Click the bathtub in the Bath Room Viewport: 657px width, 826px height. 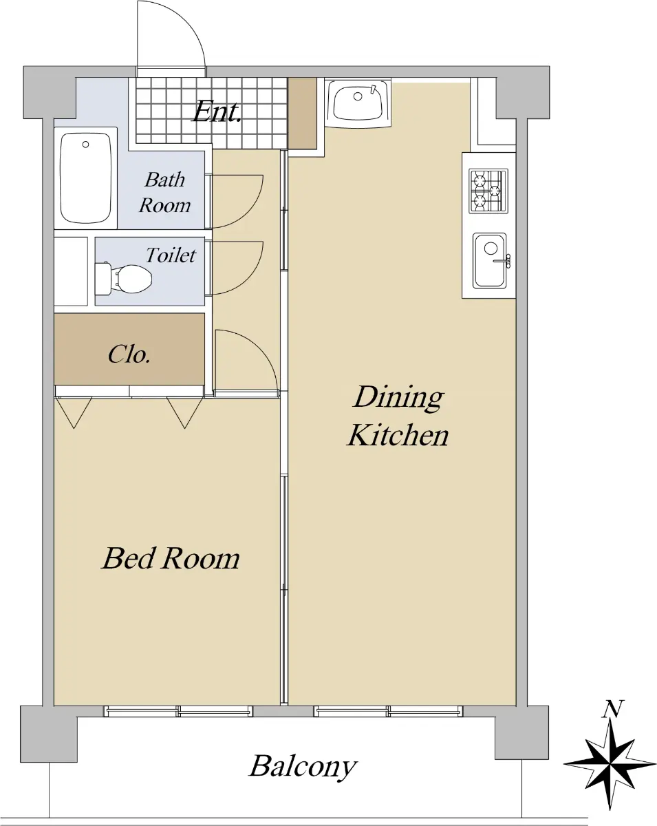click(86, 178)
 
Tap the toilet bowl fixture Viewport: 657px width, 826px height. click(123, 278)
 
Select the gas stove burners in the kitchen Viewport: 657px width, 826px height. click(488, 191)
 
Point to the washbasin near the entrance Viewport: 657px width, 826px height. click(358, 102)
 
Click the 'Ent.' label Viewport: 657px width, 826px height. click(217, 112)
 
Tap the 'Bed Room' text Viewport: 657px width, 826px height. click(171, 558)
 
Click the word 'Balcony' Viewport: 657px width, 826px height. click(303, 767)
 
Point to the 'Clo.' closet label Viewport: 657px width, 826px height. click(129, 354)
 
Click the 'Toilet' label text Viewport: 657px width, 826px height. click(171, 255)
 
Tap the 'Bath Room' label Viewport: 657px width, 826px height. click(164, 192)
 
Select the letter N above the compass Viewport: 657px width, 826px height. click(612, 708)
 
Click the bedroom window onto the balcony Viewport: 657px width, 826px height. click(178, 711)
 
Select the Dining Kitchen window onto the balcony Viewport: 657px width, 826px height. click(389, 711)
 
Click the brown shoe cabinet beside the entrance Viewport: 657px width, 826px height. click(303, 113)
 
